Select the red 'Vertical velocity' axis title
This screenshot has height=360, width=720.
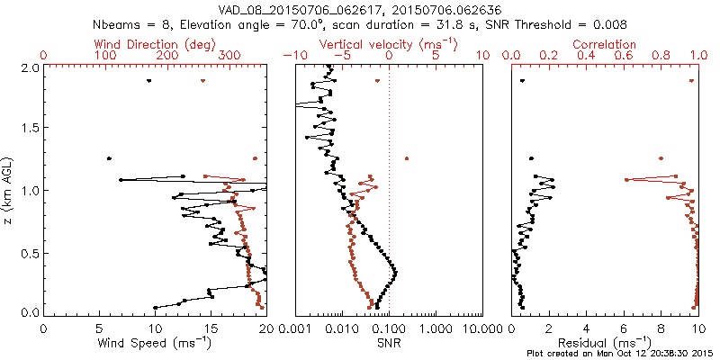[388, 44]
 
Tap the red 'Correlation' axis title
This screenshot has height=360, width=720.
[605, 44]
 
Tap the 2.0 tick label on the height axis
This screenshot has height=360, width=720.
[31, 67]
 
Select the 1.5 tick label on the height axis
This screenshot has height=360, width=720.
[31, 129]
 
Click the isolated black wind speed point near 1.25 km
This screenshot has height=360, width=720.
[110, 158]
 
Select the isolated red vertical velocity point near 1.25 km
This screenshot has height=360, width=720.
[407, 158]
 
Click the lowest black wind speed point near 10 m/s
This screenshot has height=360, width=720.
[155, 307]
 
